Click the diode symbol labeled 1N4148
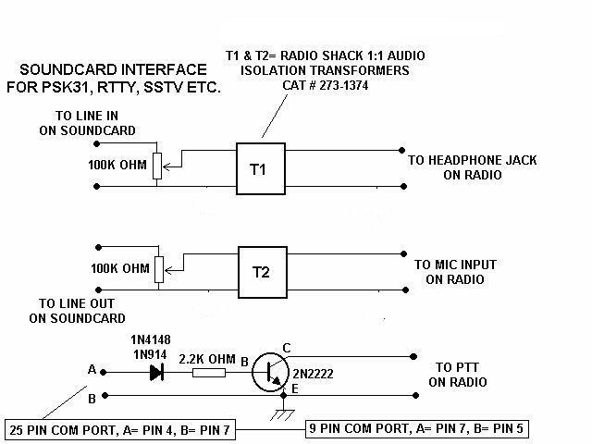156,372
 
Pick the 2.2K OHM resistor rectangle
210,373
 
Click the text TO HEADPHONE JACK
472,160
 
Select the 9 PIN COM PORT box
418,431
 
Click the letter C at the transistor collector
287,348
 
